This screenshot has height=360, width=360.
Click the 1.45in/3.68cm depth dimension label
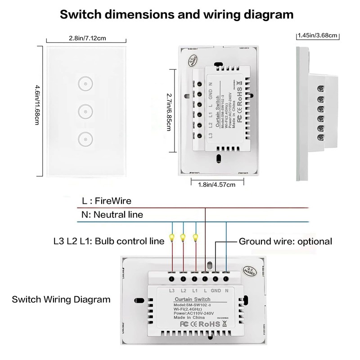318,35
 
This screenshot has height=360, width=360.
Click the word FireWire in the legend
113,201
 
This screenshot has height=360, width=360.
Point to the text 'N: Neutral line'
112,215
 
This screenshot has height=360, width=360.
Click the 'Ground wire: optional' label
285,242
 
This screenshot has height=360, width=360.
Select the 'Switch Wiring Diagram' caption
61,299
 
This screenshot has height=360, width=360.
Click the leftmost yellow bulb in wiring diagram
171,237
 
